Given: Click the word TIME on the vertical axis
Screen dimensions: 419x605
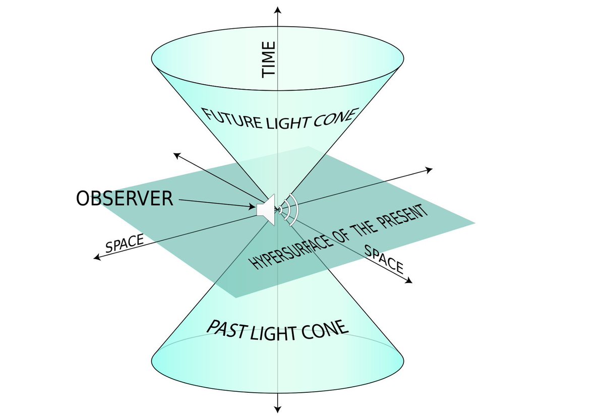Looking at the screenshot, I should pos(269,59).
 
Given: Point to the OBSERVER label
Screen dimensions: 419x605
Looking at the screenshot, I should pos(125,199).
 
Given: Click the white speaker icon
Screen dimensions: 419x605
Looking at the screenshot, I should pos(266,208).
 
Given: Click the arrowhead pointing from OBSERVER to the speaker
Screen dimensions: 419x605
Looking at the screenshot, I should pos(253,206).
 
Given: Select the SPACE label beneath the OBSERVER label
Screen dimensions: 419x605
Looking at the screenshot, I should pos(124,244).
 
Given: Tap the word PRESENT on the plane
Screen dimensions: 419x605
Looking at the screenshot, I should pos(405,218).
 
